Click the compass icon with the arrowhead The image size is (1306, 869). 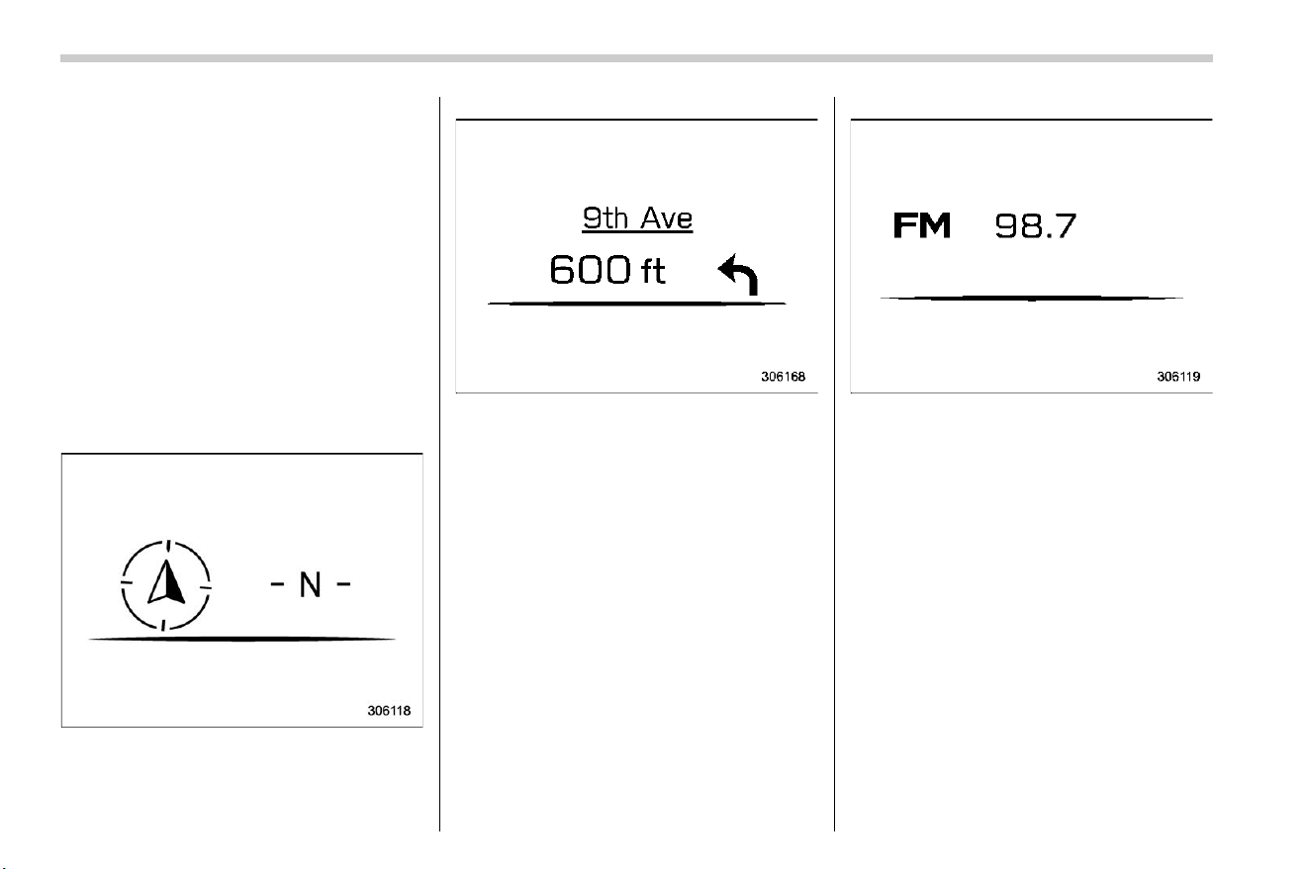coord(166,584)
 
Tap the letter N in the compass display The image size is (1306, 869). coord(311,584)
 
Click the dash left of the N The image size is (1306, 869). coord(277,583)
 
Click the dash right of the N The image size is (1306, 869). coord(343,583)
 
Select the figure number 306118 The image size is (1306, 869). coord(389,711)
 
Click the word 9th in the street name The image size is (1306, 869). coord(606,218)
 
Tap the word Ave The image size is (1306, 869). coord(667,218)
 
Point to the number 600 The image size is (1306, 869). coord(590,270)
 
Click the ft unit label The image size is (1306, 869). coord(653,271)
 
